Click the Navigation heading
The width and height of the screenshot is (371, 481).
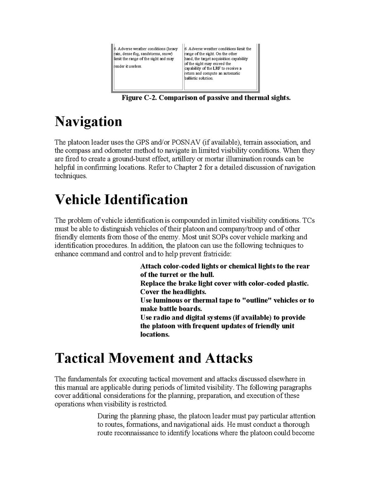[88, 121]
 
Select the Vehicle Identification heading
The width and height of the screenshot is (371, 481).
[121, 200]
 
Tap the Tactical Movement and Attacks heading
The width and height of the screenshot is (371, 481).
[153, 358]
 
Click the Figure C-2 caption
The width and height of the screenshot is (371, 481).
[206, 98]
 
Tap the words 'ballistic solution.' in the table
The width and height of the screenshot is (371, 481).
[199, 78]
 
